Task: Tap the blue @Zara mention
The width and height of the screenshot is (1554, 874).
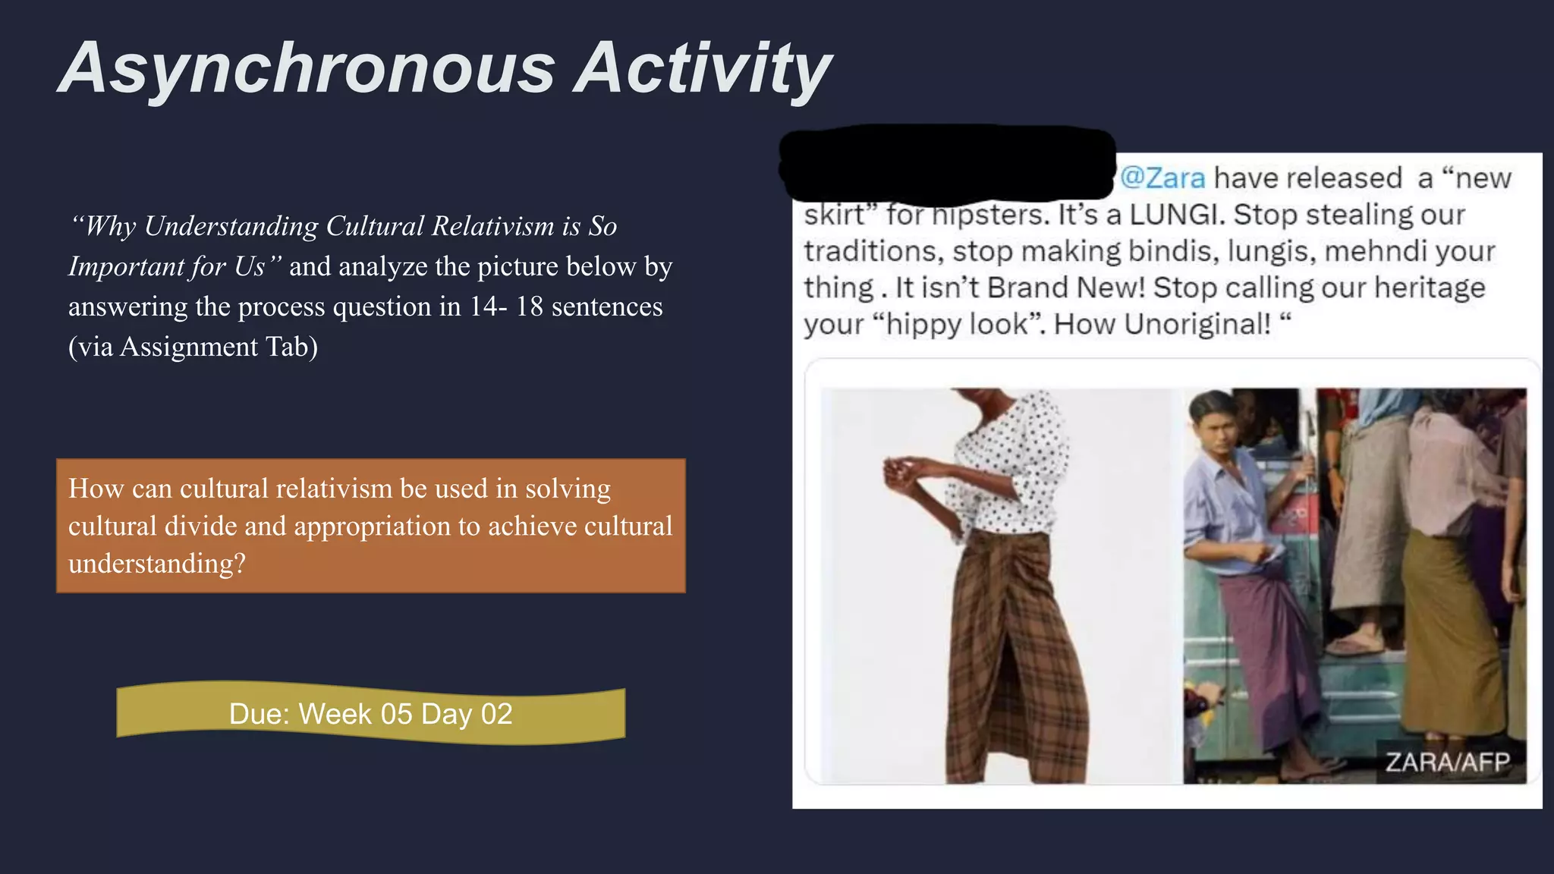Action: (x=1162, y=178)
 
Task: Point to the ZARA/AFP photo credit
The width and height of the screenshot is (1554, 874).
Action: (x=1447, y=762)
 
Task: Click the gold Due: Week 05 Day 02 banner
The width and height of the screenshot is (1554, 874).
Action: (x=370, y=714)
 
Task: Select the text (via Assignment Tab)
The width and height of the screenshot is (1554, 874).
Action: (x=193, y=347)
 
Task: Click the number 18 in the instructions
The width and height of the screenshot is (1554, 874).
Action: (x=529, y=307)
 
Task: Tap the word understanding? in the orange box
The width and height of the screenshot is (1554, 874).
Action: (x=157, y=564)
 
